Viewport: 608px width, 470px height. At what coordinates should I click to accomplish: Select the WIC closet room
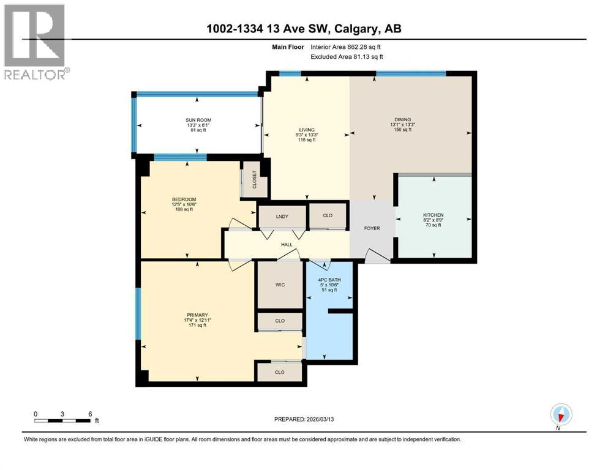pos(280,285)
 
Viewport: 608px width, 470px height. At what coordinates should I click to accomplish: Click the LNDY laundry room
pos(282,215)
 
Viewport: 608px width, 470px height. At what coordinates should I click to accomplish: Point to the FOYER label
pos(372,228)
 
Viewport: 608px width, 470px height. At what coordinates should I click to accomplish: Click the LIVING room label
pos(306,130)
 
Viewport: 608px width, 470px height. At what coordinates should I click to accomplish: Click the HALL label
pos(286,244)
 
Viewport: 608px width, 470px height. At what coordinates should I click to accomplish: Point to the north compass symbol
pos(560,414)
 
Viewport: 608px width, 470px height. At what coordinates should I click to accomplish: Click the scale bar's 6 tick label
pos(90,414)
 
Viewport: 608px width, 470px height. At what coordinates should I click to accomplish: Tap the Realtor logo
pos(36,42)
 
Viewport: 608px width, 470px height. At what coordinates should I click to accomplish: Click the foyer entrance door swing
pos(375,256)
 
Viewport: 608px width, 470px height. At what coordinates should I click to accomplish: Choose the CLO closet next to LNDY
pos(328,215)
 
